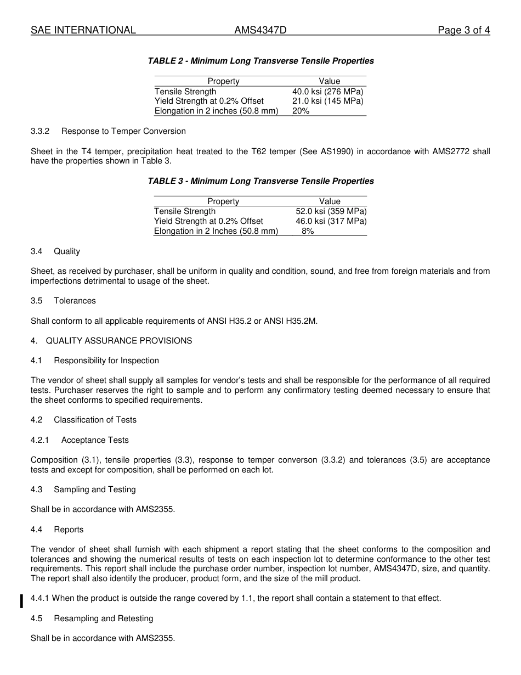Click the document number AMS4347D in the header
point(260,30)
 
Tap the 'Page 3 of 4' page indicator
point(463,30)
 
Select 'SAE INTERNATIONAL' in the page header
point(83,30)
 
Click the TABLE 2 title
point(260,61)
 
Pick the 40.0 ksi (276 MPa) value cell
point(327,92)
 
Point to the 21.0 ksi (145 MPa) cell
point(327,101)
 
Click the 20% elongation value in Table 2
point(301,111)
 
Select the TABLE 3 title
point(260,181)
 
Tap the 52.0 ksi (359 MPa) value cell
point(331,211)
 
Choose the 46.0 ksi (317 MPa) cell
point(331,221)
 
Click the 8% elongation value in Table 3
point(308,231)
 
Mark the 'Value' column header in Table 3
point(330,201)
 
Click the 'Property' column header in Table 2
point(223,81)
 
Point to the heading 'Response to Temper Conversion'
point(123,131)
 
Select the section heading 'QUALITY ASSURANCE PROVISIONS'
point(119,341)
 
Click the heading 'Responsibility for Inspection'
point(106,361)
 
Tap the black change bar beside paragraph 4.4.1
point(21,601)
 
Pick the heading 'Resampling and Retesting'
point(103,618)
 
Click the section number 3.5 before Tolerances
point(37,301)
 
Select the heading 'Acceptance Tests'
point(95,440)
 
